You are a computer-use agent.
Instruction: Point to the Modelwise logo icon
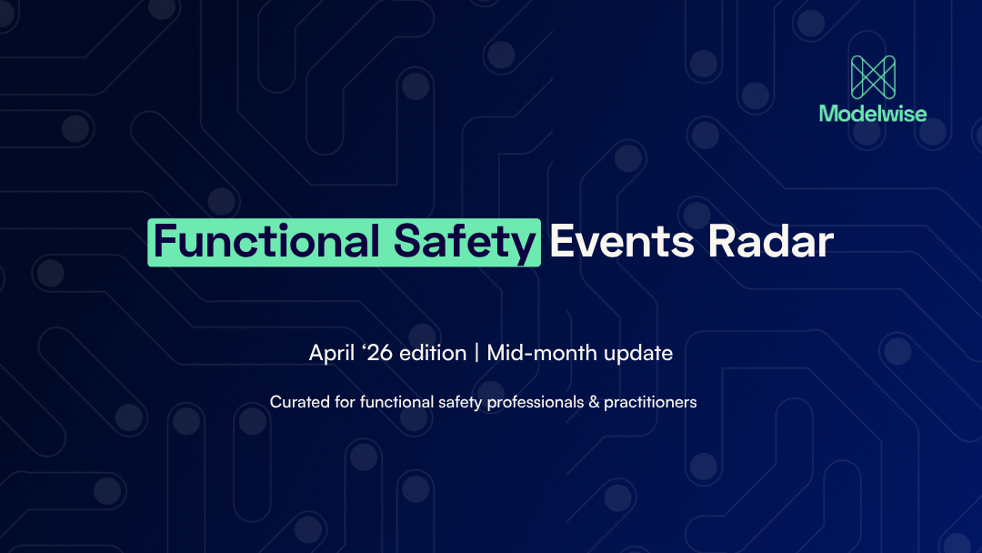point(873,77)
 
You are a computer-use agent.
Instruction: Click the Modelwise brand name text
point(873,114)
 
